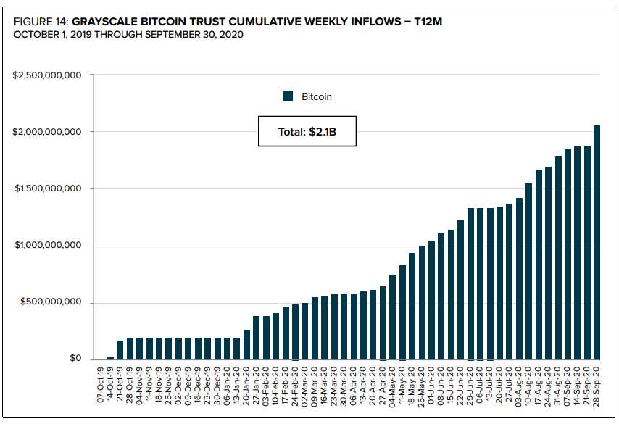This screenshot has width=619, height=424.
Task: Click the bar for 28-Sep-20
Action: point(597,242)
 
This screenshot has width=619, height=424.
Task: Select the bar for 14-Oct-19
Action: point(110,358)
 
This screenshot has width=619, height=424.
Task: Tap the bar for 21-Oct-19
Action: point(120,350)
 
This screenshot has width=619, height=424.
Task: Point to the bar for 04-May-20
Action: point(392,317)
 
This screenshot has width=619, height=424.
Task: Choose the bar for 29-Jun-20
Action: point(470,284)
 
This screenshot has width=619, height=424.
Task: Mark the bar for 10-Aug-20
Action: point(528,272)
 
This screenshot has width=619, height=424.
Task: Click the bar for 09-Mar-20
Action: point(315,328)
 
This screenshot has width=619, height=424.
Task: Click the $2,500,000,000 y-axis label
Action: point(47,75)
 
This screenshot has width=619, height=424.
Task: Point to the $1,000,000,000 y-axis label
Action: point(48,245)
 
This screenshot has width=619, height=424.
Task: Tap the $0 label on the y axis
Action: point(75,358)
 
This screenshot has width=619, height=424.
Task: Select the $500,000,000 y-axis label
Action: point(51,302)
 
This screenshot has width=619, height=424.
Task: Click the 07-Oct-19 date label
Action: point(101,385)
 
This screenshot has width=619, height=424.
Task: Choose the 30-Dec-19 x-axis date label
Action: point(217,385)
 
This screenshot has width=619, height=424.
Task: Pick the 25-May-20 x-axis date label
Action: point(422,385)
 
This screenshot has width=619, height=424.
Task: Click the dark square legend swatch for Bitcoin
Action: point(288,96)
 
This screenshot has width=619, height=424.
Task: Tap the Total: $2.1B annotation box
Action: point(307,131)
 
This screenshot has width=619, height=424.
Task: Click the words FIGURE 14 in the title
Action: point(41,21)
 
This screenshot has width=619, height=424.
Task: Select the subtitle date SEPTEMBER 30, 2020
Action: point(194,35)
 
